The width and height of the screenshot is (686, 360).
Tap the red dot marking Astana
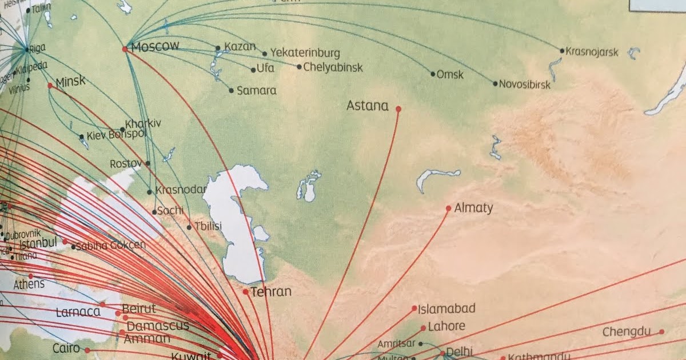tap(398, 109)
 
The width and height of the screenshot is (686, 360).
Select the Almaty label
tap(473, 208)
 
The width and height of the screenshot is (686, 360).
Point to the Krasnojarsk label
tap(592, 52)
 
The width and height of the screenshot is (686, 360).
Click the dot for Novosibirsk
tap(496, 83)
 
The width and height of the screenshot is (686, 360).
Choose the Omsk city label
tap(450, 74)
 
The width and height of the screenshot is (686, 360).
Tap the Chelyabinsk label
tap(333, 67)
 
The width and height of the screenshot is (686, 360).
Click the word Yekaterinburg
tap(305, 53)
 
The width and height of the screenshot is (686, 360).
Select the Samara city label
tap(256, 90)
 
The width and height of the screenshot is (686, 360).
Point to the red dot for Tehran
tap(245, 292)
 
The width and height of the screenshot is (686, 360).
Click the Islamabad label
tap(446, 309)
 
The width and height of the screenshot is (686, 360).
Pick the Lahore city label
tap(446, 326)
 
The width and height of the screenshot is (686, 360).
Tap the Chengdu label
tap(627, 332)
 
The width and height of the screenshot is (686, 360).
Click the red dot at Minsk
tap(50, 86)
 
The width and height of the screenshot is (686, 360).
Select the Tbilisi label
tap(208, 226)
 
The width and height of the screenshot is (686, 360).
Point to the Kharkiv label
tap(143, 123)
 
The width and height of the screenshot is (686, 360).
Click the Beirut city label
tap(138, 309)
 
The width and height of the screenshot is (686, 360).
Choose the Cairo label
tap(66, 348)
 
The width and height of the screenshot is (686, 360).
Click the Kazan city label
tap(240, 46)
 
